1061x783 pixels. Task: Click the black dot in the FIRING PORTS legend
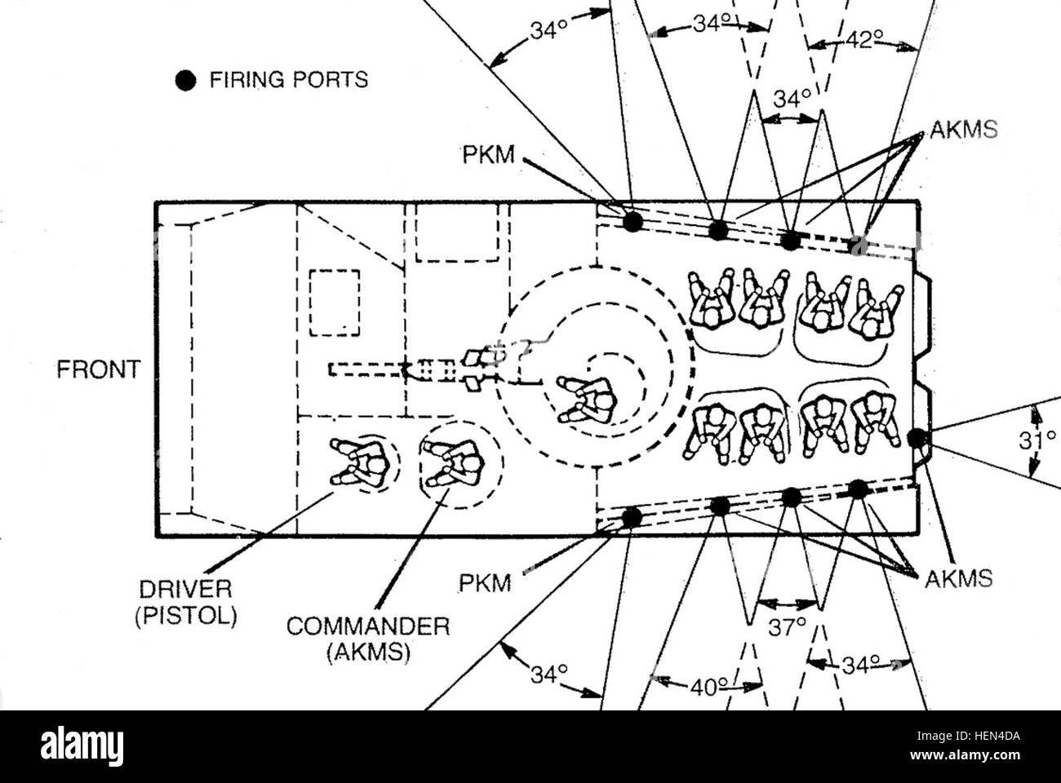(185, 80)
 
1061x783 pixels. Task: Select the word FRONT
(99, 369)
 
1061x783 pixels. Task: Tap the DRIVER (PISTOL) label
(186, 603)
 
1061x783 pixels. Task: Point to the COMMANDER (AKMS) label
(368, 639)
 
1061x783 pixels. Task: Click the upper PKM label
(488, 155)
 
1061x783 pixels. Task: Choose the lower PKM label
(485, 583)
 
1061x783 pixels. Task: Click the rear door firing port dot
(917, 438)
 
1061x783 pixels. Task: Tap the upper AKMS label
(963, 129)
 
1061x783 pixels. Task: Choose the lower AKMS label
(959, 579)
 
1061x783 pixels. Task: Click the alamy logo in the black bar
(82, 746)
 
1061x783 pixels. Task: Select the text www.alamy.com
(965, 755)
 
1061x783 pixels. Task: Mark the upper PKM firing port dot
(633, 222)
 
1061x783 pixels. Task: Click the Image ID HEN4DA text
(968, 737)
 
